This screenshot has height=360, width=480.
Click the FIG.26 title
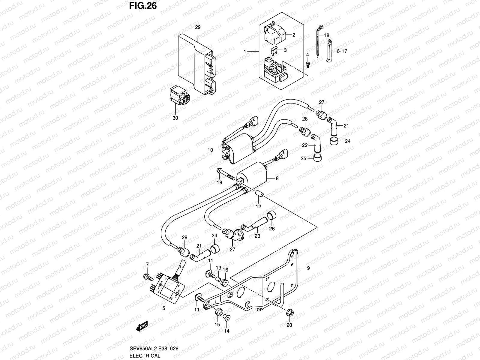[143, 6]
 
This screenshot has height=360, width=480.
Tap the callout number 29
[197, 27]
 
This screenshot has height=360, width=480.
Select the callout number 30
[175, 118]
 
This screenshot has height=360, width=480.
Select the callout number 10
[210, 150]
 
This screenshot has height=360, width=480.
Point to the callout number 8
[277, 178]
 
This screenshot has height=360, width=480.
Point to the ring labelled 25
[317, 158]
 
